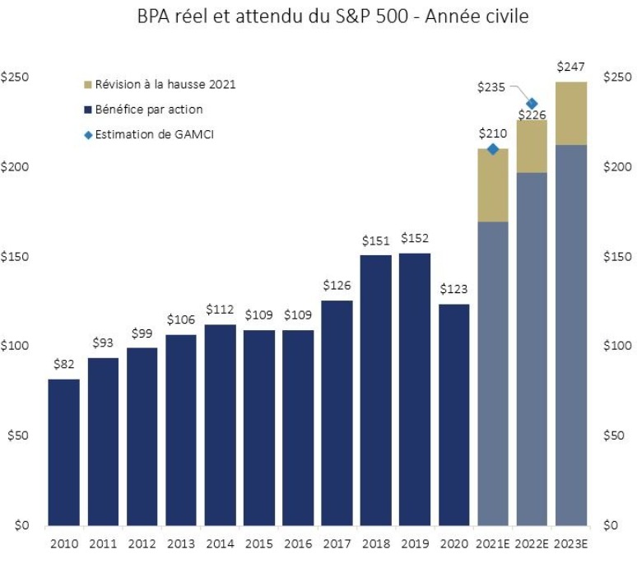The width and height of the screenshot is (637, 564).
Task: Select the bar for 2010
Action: point(63,452)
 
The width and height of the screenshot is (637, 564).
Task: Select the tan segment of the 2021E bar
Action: point(492,185)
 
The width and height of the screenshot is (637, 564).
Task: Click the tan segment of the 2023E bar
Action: point(570,114)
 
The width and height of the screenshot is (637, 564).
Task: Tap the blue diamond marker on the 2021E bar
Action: point(493,149)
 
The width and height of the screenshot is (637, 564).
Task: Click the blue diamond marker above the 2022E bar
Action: point(532,104)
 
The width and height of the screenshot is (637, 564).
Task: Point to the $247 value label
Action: point(570,66)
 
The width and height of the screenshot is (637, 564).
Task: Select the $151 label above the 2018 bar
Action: point(375,240)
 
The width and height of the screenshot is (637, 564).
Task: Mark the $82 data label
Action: point(63,364)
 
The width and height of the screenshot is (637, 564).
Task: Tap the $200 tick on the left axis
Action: point(16,166)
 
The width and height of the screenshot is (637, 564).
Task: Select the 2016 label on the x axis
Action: point(297,543)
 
